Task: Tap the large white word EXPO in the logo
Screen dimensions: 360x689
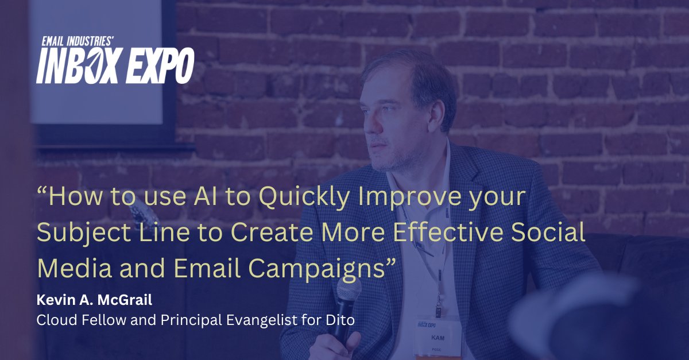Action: click(x=158, y=65)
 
